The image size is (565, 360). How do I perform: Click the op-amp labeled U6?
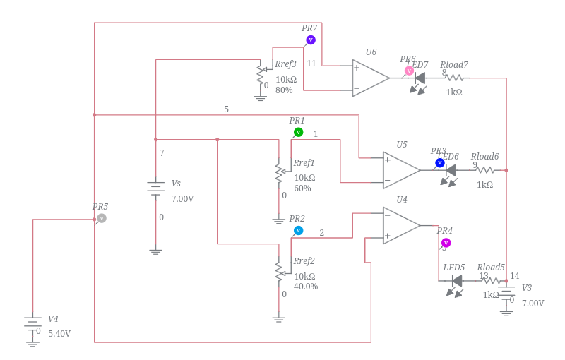click(370, 78)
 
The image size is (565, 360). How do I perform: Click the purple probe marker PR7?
click(311, 40)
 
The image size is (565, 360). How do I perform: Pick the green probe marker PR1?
click(298, 132)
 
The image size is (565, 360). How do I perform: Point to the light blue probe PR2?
click(298, 230)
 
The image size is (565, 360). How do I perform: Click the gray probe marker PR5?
click(102, 218)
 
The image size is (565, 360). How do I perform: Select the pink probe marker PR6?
click(409, 71)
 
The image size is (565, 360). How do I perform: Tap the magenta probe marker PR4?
click(446, 243)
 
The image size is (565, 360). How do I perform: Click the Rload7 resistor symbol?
click(455, 78)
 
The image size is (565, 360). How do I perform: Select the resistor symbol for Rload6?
click(485, 169)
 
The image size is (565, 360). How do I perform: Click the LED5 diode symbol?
click(456, 281)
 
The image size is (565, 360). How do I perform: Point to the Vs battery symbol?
click(155, 188)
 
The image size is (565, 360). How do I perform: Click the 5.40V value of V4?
click(59, 333)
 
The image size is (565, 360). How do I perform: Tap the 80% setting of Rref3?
click(284, 90)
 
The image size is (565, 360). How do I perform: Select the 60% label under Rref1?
click(302, 188)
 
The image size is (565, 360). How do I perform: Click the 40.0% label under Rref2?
click(306, 287)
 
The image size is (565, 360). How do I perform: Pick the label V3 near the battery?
click(527, 288)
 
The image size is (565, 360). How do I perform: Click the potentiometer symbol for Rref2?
click(279, 270)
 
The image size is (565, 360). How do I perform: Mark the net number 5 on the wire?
click(226, 109)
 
